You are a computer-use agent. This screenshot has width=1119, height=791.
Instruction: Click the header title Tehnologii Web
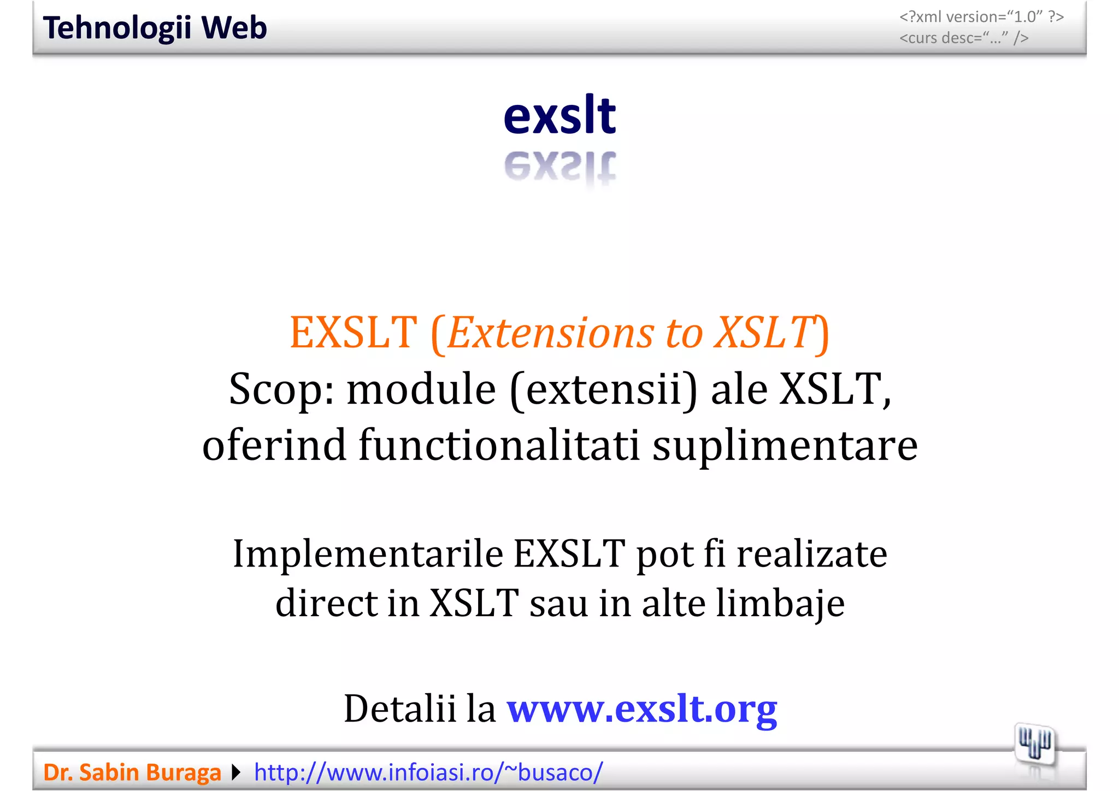[x=155, y=28]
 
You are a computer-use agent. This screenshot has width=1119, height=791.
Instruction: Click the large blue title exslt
[x=559, y=115]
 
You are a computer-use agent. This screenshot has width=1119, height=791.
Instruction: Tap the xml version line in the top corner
[x=981, y=17]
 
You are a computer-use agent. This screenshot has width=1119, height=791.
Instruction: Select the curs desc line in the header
[x=964, y=38]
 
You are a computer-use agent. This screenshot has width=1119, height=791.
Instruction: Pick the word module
[x=421, y=389]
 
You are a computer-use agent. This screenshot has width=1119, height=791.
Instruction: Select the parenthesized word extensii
[x=604, y=389]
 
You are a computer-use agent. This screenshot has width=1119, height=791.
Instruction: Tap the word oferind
[x=274, y=445]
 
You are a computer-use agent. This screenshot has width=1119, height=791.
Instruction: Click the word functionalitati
[x=499, y=445]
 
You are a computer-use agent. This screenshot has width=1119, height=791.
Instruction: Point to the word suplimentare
[x=785, y=445]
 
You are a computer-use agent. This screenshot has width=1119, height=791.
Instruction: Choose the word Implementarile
[x=368, y=554]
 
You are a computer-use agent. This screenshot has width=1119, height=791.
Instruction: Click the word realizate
[x=812, y=554]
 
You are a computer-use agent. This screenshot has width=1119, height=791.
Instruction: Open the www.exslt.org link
[x=642, y=709]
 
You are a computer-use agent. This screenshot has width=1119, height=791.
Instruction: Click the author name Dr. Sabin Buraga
[x=132, y=772]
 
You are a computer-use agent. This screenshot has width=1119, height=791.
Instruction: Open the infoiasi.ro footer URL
[x=428, y=772]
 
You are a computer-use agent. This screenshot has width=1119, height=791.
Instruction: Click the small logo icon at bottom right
[x=1034, y=743]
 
